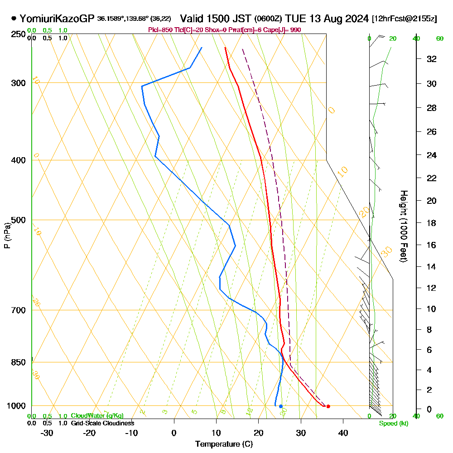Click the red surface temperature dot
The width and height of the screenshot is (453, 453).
pos(328,406)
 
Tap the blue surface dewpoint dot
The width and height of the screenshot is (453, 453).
pos(281,406)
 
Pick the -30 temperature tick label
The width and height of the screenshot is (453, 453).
pos(47,433)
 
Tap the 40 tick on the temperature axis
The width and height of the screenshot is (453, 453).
pos(343,433)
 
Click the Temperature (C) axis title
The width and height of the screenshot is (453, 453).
pos(224,444)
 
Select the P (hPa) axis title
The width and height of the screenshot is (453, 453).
pos(7,235)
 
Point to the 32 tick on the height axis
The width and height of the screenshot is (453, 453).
pos(432,59)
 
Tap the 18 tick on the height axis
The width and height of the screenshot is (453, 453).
pos(432,223)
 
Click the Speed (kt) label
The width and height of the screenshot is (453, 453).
pos(393,424)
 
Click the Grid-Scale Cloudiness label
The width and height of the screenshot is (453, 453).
pos(102,423)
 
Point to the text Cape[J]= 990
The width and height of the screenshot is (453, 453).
pos(284,30)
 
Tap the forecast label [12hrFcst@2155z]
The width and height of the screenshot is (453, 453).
pos(404,19)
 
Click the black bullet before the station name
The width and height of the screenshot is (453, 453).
pos(14,19)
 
